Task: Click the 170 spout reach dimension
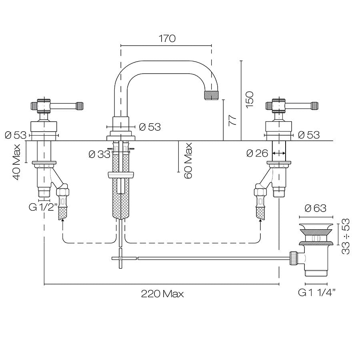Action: click(167, 38)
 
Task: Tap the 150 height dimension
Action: click(249, 99)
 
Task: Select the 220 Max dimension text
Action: click(162, 294)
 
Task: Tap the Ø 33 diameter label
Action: click(99, 154)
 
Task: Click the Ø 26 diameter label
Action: click(257, 153)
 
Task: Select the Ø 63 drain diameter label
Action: click(316, 208)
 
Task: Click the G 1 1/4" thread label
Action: click(317, 293)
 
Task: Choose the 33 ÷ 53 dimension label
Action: click(346, 236)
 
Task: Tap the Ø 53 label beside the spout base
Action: click(150, 127)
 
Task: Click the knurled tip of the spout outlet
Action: click(212, 95)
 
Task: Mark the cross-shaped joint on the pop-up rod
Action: click(120, 259)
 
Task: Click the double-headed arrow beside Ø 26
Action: click(279, 153)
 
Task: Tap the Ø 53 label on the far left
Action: click(16, 135)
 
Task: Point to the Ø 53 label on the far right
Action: click(309, 135)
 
